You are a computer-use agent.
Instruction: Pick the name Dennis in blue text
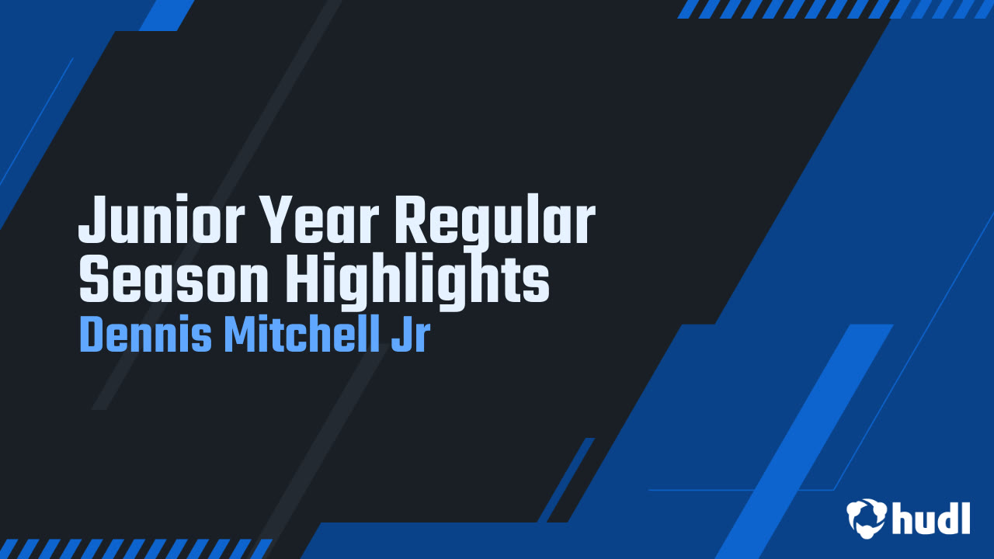tap(145, 335)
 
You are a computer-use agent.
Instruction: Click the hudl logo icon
tap(867, 518)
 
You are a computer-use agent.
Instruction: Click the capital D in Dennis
tap(90, 335)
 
